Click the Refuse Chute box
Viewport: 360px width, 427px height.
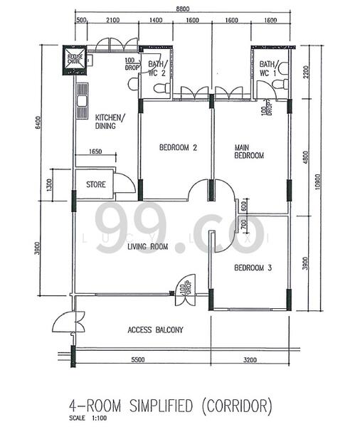tap(75, 58)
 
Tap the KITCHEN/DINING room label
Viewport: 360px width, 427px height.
tap(110, 122)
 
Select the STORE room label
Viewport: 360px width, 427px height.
tap(96, 185)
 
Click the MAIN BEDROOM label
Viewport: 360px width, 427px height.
tap(250, 152)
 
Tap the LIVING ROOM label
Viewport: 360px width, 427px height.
tap(147, 247)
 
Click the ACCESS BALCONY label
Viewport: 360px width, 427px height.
tap(155, 330)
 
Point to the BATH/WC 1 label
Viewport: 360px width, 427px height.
tap(268, 68)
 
